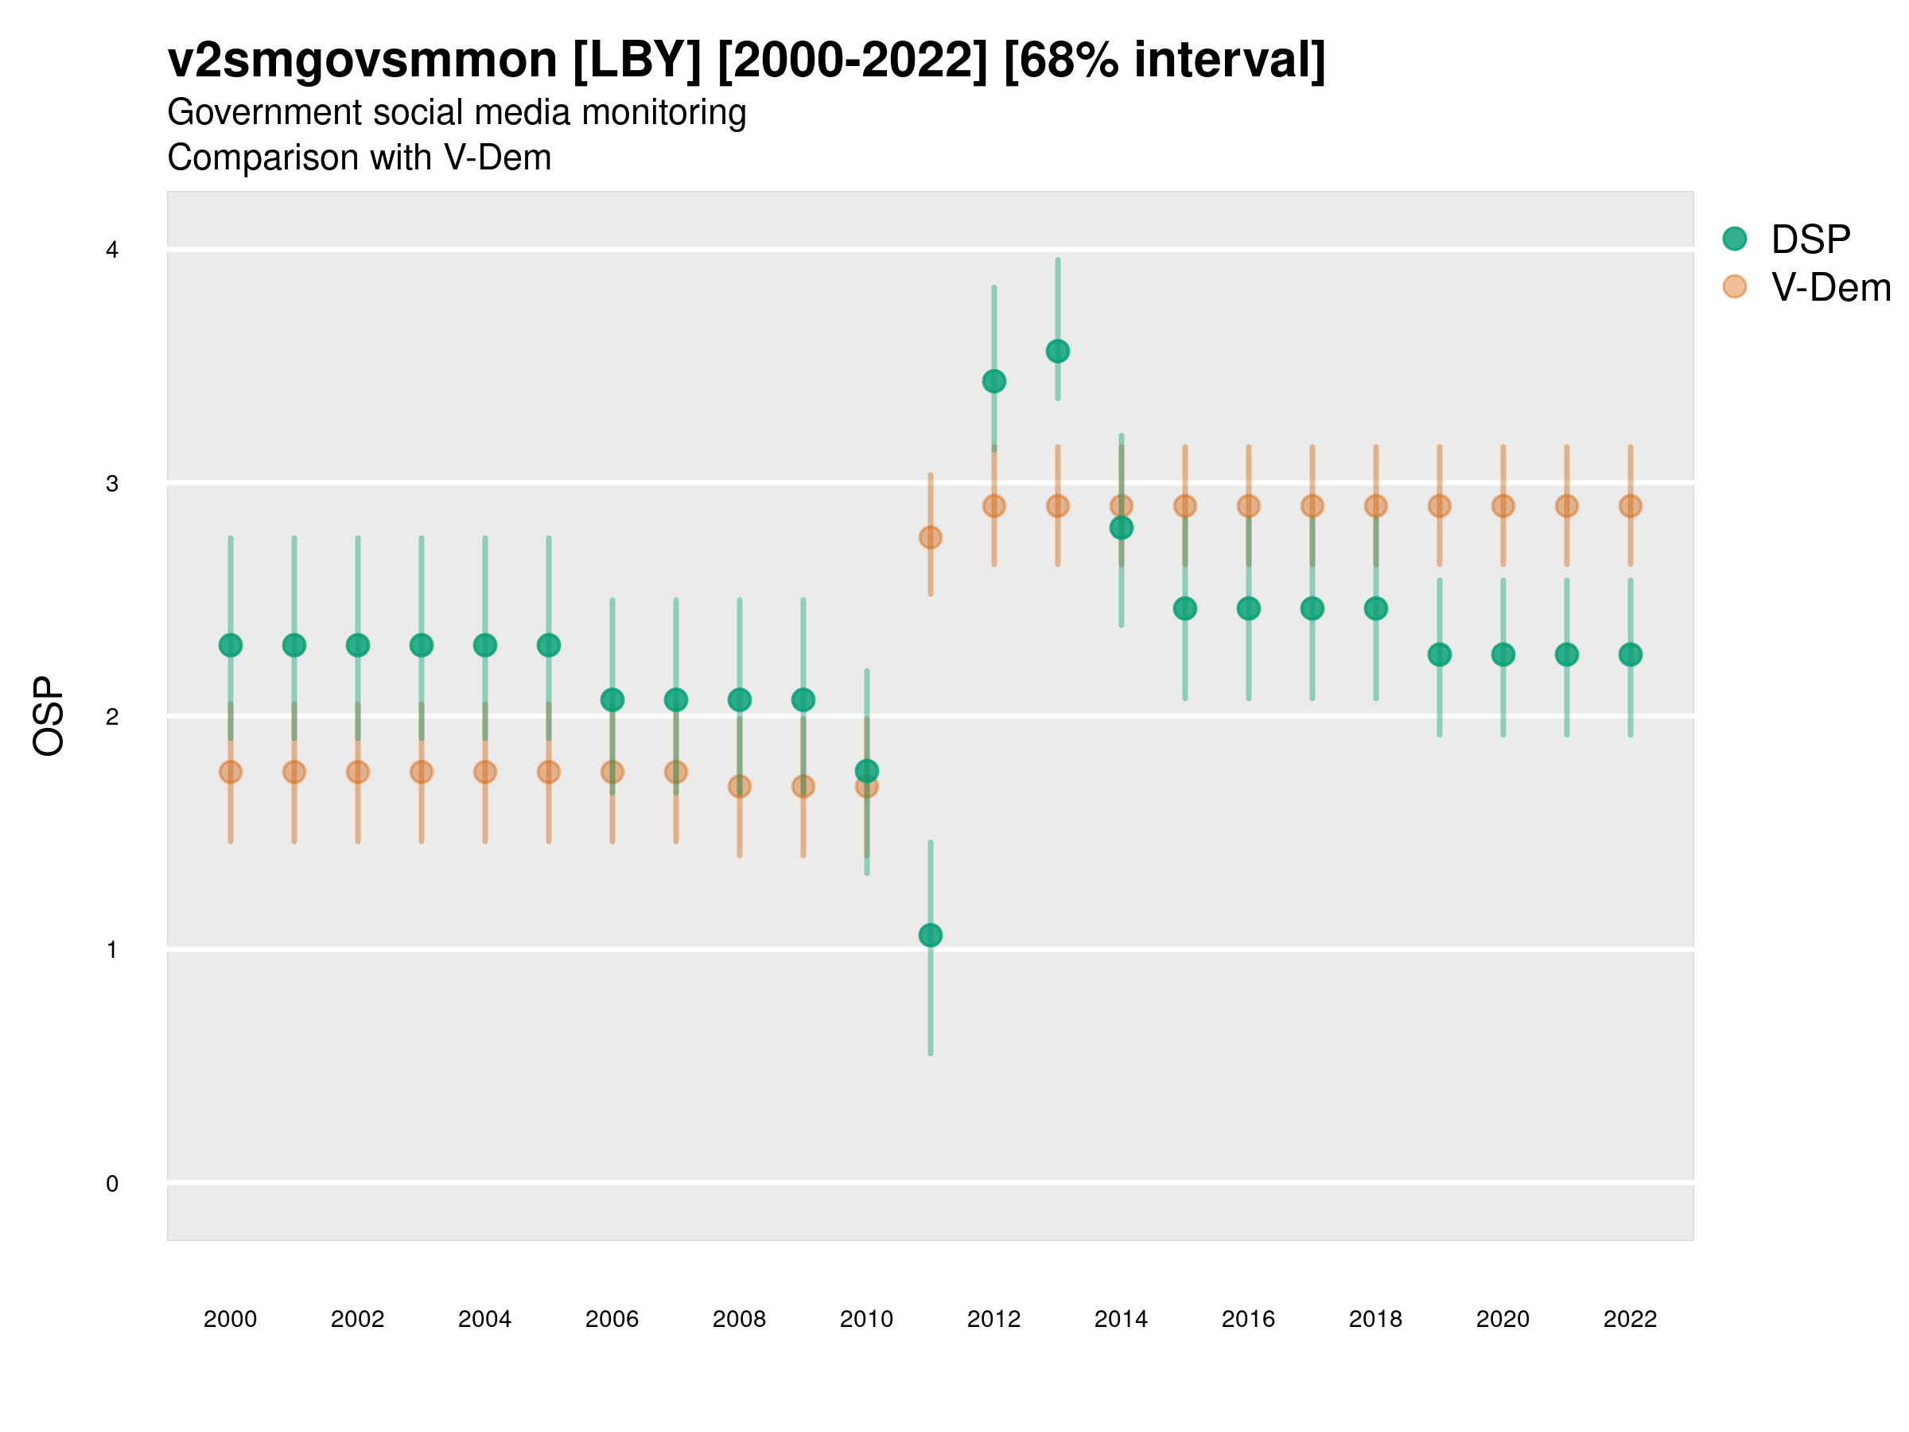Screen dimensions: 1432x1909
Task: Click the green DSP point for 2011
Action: coord(931,935)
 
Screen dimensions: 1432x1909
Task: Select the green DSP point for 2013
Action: coord(1057,352)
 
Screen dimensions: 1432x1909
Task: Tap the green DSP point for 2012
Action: coord(994,380)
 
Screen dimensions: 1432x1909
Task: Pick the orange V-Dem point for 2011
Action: coord(931,537)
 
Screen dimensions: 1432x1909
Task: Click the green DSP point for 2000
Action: coord(231,644)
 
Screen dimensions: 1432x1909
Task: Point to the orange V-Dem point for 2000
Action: coord(231,772)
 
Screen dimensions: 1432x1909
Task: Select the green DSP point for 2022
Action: coord(1631,654)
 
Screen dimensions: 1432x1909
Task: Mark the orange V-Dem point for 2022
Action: coord(1631,506)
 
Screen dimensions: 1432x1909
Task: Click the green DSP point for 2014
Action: coord(1121,527)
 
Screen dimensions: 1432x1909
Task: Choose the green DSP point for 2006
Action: coord(612,699)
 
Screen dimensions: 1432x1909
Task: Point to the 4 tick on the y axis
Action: coord(112,251)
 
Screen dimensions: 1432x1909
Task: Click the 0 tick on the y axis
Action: coord(112,1184)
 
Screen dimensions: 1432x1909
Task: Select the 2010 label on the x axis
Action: coord(866,1319)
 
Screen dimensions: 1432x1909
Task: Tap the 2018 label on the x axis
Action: coord(1375,1319)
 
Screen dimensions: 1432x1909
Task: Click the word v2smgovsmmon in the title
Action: coord(363,60)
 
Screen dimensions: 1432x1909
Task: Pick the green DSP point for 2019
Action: coord(1440,654)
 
